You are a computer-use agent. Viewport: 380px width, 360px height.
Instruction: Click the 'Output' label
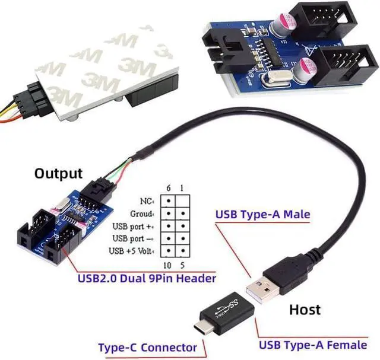coord(58,174)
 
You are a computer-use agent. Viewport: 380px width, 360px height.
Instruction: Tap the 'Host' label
coord(305,309)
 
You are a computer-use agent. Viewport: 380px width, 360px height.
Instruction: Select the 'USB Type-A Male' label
coord(262,215)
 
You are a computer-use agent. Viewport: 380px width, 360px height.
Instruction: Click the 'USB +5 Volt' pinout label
coord(132,251)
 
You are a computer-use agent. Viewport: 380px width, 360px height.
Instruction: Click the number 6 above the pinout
coord(169,188)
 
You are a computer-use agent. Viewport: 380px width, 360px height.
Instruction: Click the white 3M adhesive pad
coord(101,65)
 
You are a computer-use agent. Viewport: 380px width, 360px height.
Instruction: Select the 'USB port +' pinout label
coord(134,226)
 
